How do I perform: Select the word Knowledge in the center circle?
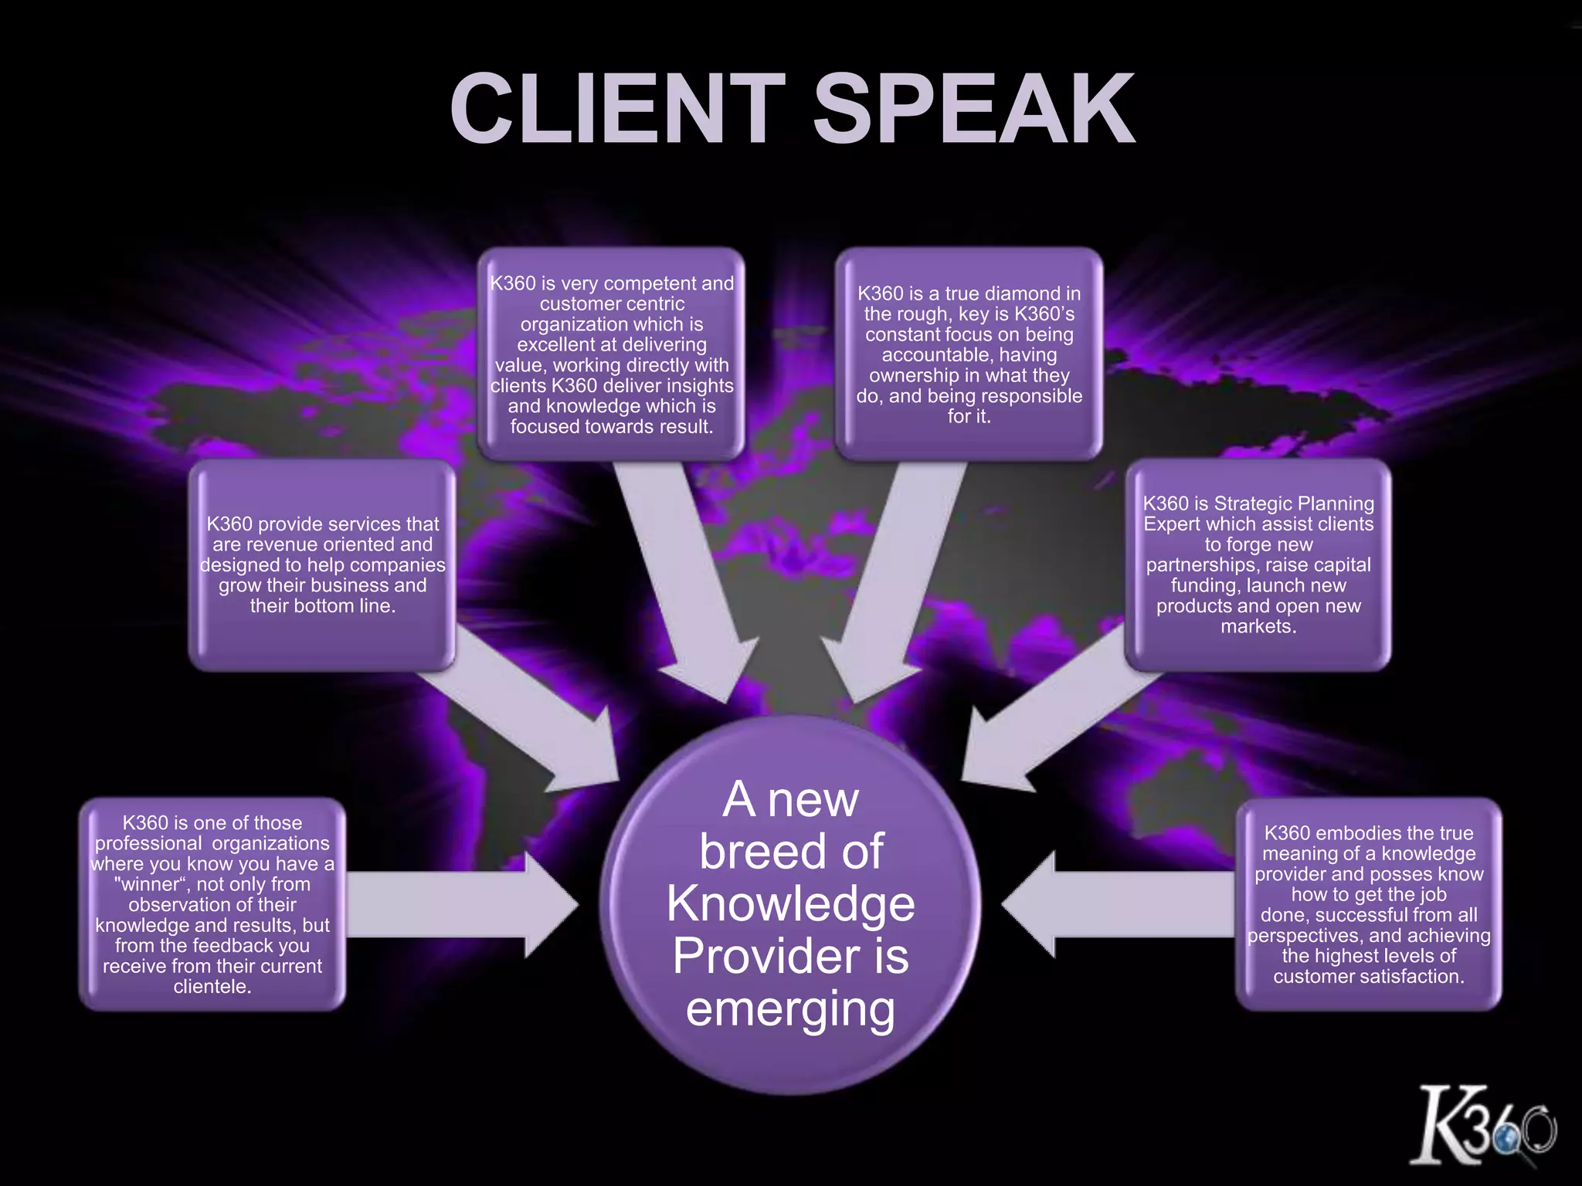click(790, 903)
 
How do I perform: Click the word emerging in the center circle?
click(790, 1009)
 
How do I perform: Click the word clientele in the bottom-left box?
click(210, 987)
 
